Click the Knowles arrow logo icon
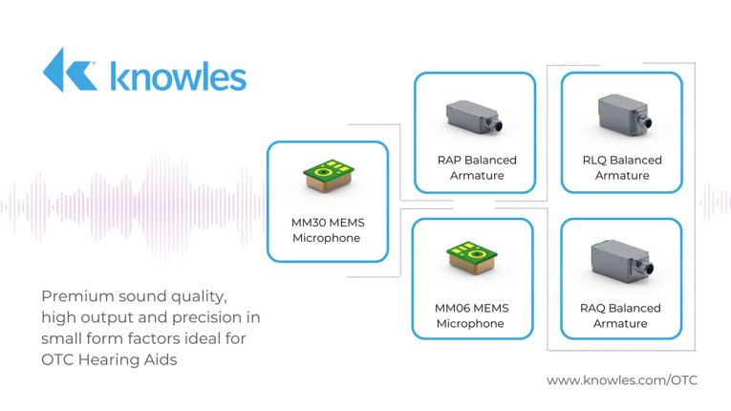point(69,70)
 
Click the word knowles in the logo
point(177,75)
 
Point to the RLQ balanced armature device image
point(620,117)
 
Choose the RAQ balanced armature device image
point(620,262)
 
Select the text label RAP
point(452,161)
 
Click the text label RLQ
point(597,161)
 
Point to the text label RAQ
point(597,308)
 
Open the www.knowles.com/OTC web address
point(621,379)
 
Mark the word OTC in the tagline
point(58,357)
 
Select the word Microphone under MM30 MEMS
point(327,238)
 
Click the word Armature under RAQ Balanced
point(621,323)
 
